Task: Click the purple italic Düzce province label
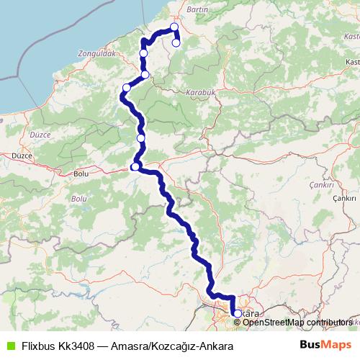[38, 133]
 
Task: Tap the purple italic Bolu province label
[78, 197]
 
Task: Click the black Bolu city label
[81, 174]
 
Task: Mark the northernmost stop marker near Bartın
[174, 27]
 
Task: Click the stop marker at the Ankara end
[237, 313]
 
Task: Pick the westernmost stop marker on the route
[126, 89]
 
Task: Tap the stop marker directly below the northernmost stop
[176, 42]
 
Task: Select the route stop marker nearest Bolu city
[135, 167]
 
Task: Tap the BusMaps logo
[325, 345]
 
